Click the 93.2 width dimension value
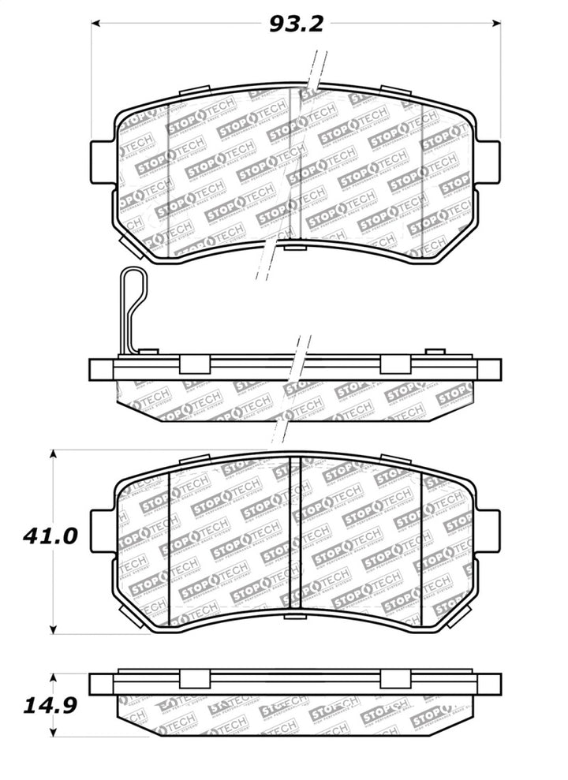point(297,24)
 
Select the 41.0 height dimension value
point(50,537)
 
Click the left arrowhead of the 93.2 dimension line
point(96,24)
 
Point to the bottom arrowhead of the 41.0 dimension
point(53,629)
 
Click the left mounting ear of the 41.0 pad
point(103,531)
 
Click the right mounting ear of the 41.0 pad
point(488,531)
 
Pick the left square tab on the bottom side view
point(195,679)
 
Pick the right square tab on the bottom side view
point(394,679)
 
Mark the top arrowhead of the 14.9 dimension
point(53,677)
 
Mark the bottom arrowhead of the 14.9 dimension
point(53,732)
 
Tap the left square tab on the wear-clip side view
point(195,364)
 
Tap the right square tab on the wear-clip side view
point(394,364)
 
